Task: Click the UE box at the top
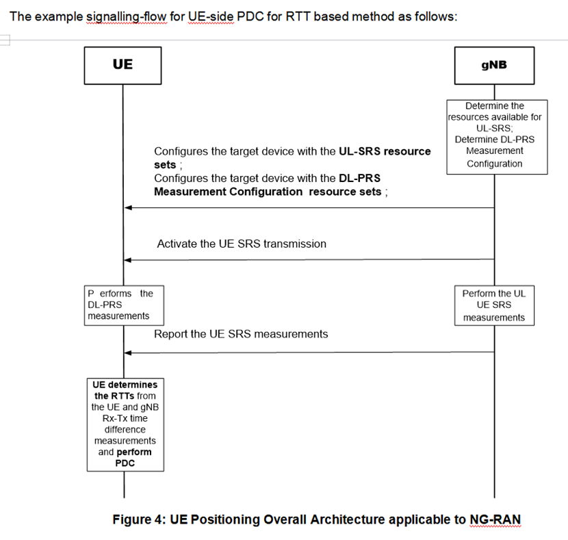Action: pos(123,65)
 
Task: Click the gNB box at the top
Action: pos(493,65)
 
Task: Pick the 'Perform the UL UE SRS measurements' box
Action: pos(494,305)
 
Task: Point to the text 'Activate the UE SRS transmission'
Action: pos(242,244)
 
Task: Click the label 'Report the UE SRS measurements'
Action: pos(241,334)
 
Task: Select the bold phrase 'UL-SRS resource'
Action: pos(385,151)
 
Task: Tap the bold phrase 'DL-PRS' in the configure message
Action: pos(360,178)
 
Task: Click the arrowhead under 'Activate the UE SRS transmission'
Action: pos(128,260)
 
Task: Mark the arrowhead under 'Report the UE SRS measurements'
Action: pos(128,352)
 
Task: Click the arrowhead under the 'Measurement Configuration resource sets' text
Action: pos(128,207)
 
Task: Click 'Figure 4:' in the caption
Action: pos(136,519)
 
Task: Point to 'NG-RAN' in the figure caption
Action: pos(495,519)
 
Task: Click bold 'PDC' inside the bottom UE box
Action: pos(125,463)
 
